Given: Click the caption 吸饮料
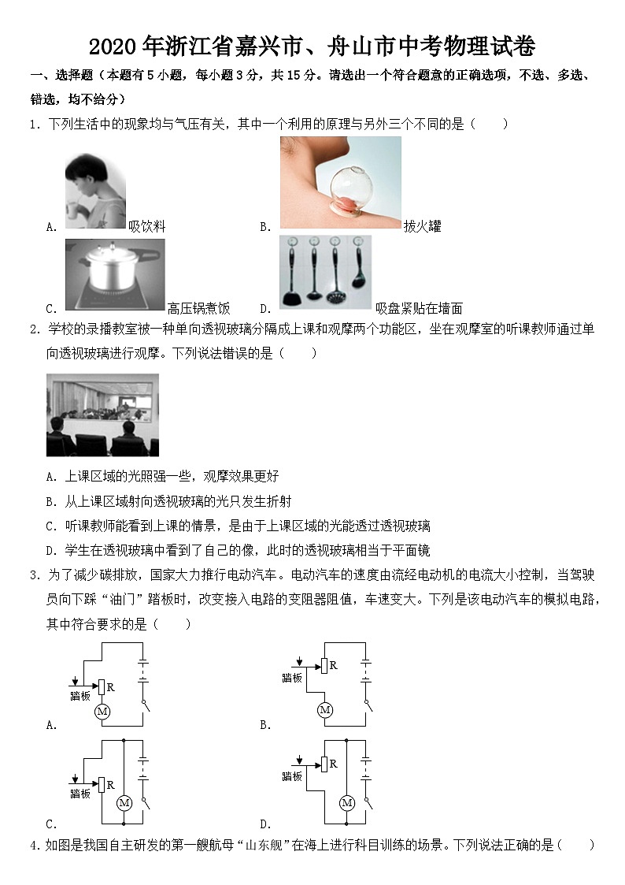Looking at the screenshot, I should tap(147, 227).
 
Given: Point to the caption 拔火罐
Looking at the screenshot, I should tap(422, 227).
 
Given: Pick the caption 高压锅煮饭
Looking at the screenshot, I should tap(198, 309).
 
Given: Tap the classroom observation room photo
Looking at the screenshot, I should tap(102, 415).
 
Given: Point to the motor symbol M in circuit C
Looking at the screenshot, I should tap(124, 803).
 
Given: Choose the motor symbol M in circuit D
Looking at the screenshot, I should tap(346, 803).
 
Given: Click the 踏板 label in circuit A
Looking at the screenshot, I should tap(80, 696).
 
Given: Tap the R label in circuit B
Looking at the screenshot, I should tap(333, 666).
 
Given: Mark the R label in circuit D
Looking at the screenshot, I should tap(333, 764).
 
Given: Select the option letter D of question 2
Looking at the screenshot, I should tap(50, 550).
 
